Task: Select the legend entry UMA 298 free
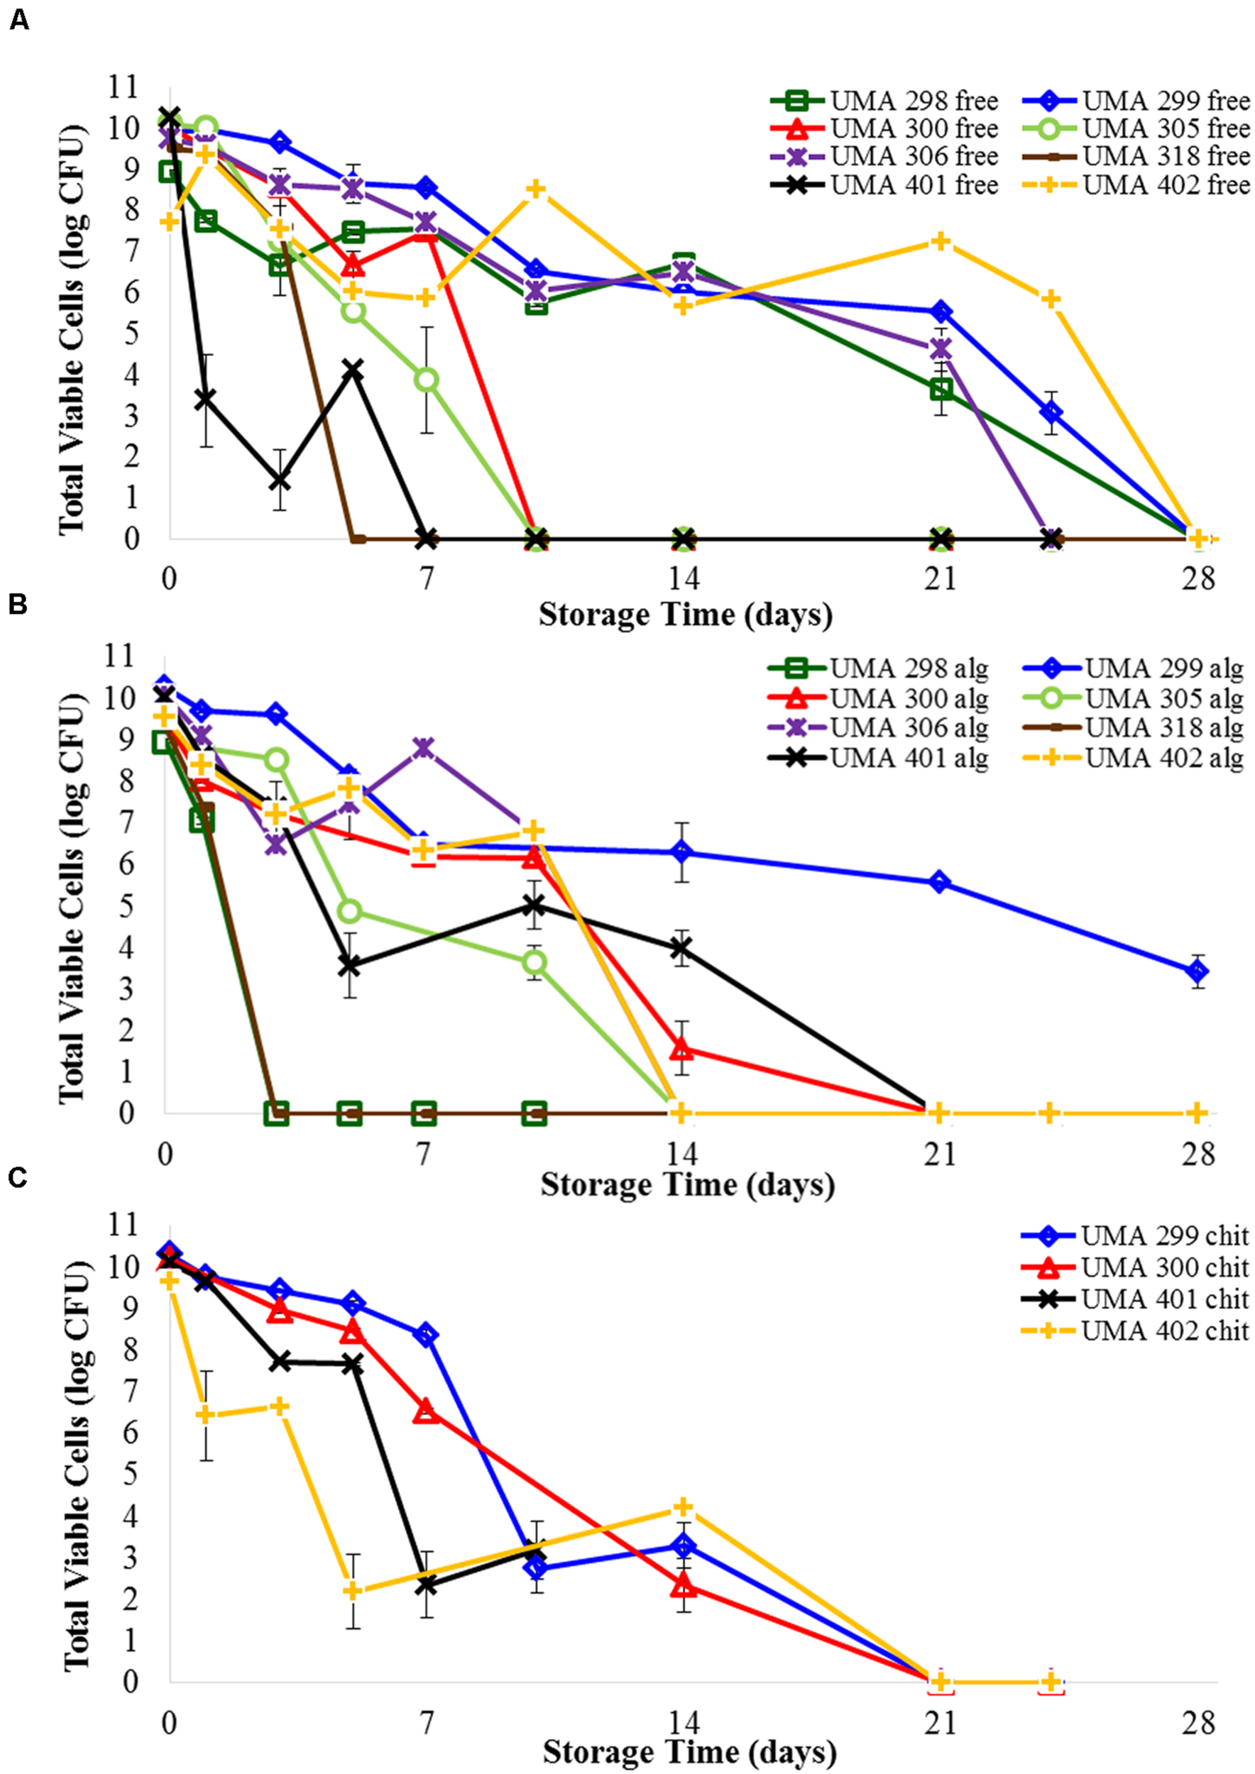[x=885, y=101]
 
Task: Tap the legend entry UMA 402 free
[x=1136, y=184]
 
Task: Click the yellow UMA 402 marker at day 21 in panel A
[x=940, y=241]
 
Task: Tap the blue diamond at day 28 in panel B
[x=1197, y=972]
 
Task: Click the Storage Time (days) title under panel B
[x=687, y=1184]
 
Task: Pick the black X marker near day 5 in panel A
[x=354, y=369]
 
